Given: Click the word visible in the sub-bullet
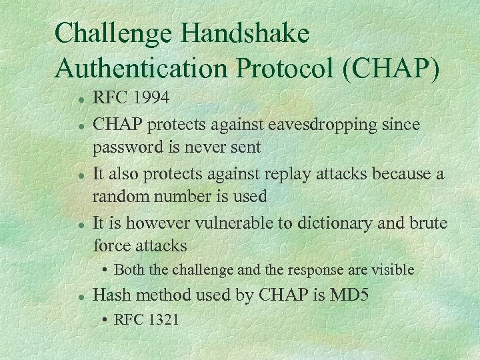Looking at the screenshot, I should (391, 270).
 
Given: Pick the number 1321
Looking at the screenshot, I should (163, 319).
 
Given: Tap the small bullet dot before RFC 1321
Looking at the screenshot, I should (106, 320).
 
